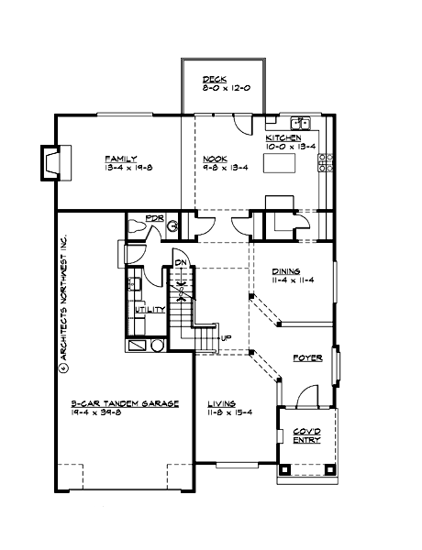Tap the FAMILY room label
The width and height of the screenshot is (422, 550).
tap(118, 158)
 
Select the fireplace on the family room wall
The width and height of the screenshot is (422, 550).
tap(50, 162)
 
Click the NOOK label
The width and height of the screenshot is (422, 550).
tap(215, 158)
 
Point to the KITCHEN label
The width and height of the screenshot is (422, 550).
tap(284, 137)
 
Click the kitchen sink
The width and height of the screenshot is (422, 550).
tap(300, 122)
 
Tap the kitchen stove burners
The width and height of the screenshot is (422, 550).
tap(324, 162)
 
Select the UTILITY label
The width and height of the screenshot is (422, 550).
tap(150, 310)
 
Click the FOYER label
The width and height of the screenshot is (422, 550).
tap(305, 357)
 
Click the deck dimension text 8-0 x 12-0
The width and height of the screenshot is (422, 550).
tap(224, 89)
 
